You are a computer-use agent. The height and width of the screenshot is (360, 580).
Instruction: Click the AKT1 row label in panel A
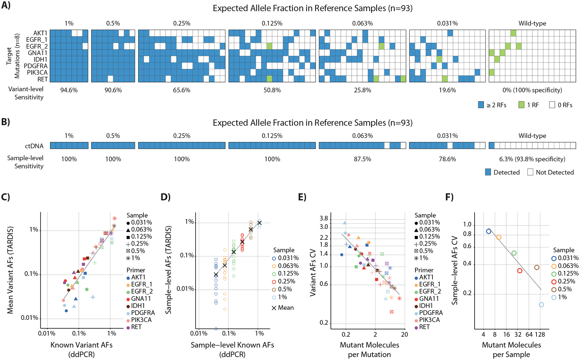(40, 33)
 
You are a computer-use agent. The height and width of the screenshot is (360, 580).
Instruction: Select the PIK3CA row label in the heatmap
(37, 72)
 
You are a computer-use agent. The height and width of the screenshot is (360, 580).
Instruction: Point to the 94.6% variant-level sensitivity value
(69, 90)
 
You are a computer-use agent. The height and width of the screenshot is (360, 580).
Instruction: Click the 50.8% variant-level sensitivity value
(272, 90)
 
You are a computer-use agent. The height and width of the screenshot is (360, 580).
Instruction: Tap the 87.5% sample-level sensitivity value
(362, 159)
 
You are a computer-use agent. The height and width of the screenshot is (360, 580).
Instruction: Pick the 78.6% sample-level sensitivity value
(447, 159)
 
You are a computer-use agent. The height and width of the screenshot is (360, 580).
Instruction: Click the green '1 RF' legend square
(521, 105)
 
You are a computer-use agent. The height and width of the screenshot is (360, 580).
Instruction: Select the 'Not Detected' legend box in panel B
(530, 172)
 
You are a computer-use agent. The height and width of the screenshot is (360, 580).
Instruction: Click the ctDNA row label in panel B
(34, 146)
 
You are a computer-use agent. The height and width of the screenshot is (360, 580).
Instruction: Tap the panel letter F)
(449, 197)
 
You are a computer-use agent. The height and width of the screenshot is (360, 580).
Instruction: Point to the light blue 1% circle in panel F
(541, 305)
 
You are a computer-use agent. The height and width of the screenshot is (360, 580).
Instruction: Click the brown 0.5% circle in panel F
(536, 268)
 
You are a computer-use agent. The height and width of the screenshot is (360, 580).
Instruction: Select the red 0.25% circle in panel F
(519, 271)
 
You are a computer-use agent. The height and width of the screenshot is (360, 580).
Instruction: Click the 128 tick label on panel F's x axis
(540, 335)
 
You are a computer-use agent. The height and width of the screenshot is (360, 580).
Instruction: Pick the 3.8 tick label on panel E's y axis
(324, 219)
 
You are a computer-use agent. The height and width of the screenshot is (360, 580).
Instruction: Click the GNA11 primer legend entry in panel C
(139, 298)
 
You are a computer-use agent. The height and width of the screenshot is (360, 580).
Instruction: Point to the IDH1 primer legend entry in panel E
(424, 306)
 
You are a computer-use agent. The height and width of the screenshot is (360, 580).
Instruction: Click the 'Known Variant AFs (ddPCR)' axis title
(82, 350)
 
